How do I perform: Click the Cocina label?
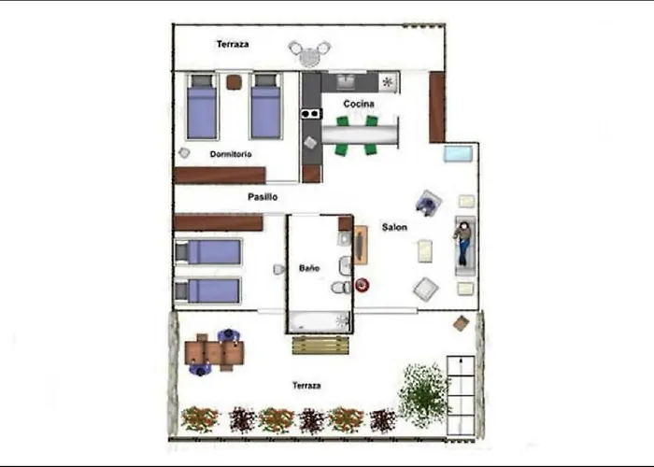359,104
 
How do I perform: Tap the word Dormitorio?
230,154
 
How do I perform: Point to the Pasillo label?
263,197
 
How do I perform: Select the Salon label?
393,227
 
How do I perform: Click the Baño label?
309,268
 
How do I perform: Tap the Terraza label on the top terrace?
232,44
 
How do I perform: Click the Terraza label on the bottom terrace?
306,385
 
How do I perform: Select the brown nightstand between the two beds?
234,82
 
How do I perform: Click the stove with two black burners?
311,114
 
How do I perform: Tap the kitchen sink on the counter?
345,82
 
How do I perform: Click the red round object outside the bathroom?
363,285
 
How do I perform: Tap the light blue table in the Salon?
458,153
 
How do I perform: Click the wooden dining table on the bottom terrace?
214,353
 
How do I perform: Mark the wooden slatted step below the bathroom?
320,345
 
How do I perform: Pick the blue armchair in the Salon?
428,203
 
